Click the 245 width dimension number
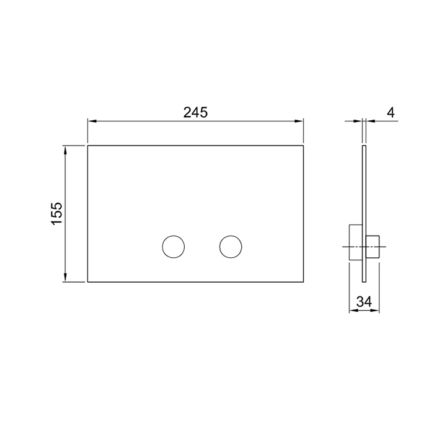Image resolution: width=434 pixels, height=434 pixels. (195, 112)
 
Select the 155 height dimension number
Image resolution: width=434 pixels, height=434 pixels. (56, 213)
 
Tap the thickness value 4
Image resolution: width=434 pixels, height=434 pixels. (390, 112)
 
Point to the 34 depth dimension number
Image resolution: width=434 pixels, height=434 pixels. (365, 302)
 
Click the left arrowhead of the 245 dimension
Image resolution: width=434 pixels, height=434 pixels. (91, 122)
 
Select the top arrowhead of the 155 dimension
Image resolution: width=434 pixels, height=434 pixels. (65, 149)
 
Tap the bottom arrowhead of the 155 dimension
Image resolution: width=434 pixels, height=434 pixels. (65, 279)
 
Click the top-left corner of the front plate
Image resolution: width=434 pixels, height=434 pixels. (87, 146)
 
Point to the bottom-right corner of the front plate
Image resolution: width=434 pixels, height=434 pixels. (304, 282)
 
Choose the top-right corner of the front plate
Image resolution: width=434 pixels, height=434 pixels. (304, 146)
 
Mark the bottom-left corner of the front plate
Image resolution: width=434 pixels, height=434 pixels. (87, 282)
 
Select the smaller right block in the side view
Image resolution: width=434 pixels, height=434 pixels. (373, 247)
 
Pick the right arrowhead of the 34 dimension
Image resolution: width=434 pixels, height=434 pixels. (377, 311)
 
